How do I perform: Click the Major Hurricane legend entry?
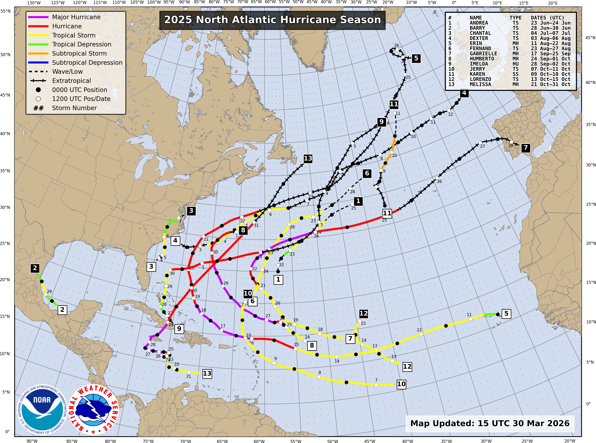click(76, 17)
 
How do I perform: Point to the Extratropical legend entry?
click(71, 81)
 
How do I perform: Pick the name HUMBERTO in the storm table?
click(482, 59)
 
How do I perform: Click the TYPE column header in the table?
click(515, 18)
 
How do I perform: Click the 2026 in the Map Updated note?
click(558, 423)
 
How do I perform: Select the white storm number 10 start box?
click(401, 384)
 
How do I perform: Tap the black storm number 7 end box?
click(525, 148)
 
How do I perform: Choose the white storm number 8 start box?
click(312, 345)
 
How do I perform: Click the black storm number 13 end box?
click(308, 158)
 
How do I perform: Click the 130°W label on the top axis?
click(34, 3)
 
